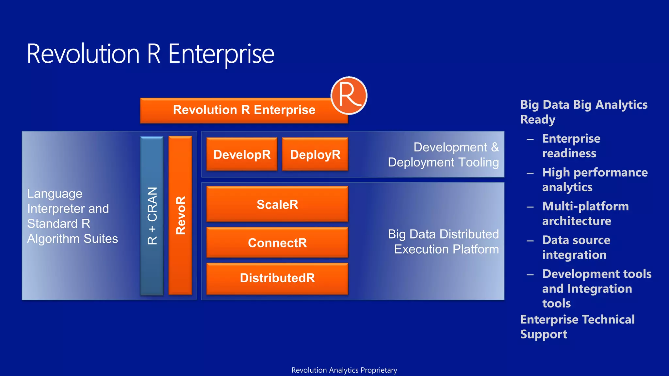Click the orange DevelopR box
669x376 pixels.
(242, 154)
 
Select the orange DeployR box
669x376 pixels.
(315, 154)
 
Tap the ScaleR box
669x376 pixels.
(277, 204)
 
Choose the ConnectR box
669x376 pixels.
(277, 243)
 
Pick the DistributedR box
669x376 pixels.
(277, 278)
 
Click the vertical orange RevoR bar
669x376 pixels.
(180, 215)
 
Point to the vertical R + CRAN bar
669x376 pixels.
(152, 215)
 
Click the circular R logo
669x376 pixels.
(349, 96)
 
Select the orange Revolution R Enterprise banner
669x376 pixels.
(244, 110)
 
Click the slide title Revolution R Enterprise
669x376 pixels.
(150, 54)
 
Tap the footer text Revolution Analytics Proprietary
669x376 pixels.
(344, 370)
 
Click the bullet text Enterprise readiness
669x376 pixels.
(571, 146)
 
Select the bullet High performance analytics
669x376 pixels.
(595, 180)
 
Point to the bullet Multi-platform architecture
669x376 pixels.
(585, 213)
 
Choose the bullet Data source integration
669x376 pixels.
(576, 247)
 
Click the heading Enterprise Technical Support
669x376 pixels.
(577, 326)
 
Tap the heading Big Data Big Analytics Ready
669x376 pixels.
(583, 112)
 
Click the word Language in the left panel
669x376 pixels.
(55, 194)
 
